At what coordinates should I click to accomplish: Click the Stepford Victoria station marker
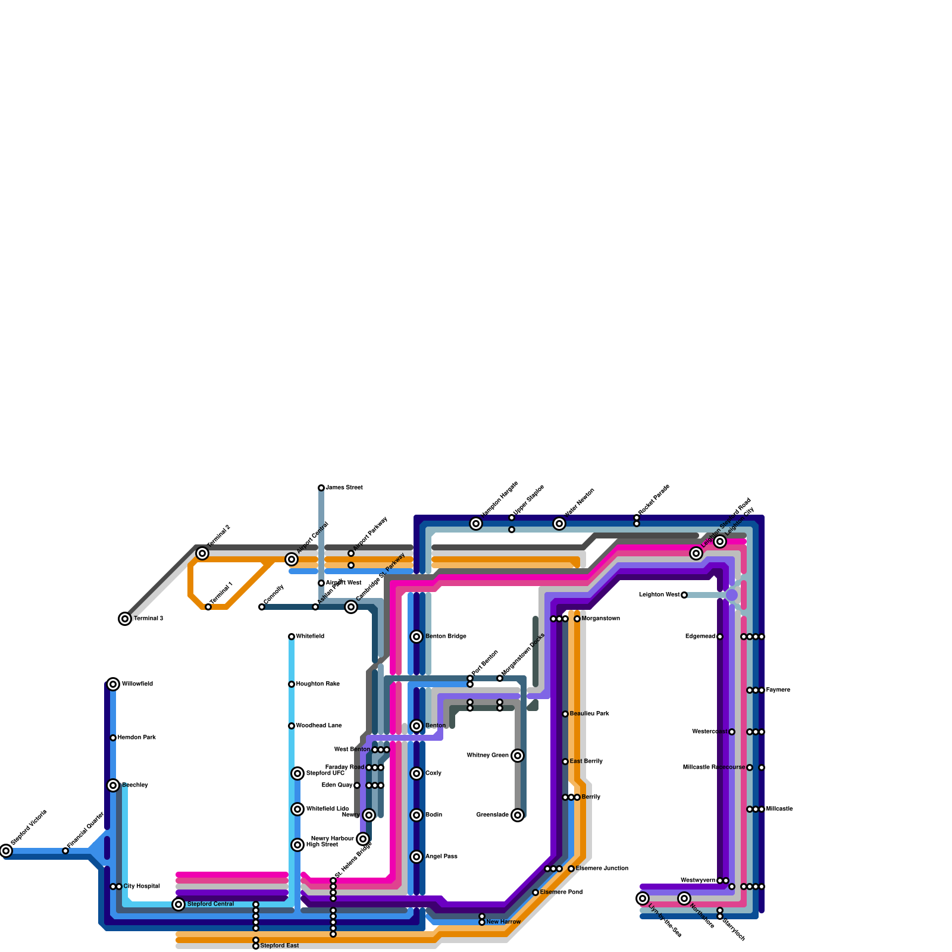tap(6, 851)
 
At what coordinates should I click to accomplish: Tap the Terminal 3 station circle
tap(125, 619)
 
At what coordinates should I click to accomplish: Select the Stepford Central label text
tap(211, 904)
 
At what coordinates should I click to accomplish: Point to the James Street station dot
tap(321, 488)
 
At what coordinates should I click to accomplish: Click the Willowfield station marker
tap(113, 684)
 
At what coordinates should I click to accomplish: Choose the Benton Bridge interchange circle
tap(416, 637)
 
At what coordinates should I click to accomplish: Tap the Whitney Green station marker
tap(518, 756)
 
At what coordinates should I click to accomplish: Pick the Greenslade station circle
tap(518, 815)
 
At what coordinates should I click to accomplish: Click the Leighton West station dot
tap(684, 595)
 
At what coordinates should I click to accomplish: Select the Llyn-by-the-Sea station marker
tap(643, 898)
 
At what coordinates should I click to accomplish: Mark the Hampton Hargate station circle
tap(476, 524)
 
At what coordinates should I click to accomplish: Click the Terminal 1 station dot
tap(208, 607)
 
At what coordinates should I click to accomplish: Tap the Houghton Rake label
tap(318, 684)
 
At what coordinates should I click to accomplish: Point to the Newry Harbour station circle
tap(363, 839)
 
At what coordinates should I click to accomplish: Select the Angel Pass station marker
tap(416, 857)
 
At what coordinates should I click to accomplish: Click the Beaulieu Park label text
tap(589, 714)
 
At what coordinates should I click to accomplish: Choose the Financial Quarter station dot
tap(65, 851)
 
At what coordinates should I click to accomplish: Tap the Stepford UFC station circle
tap(297, 773)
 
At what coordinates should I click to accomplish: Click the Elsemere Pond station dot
tap(535, 892)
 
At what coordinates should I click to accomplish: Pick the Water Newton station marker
tap(559, 524)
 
